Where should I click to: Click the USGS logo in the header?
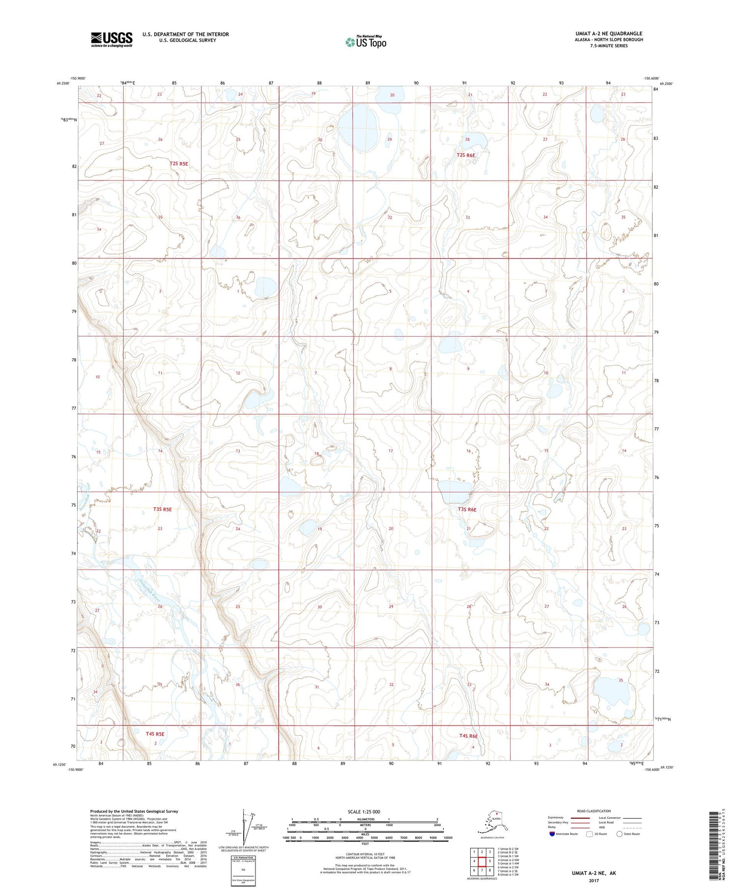point(112,39)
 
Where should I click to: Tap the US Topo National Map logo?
point(366,42)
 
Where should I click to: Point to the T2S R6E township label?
point(466,155)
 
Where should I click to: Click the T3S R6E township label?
point(467,510)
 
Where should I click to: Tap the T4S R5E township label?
point(155,734)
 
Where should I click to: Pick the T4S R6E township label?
point(468,736)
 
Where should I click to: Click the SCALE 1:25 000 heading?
point(365,811)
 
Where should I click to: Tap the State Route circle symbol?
point(620,834)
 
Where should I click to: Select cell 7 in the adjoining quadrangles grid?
point(482,870)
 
